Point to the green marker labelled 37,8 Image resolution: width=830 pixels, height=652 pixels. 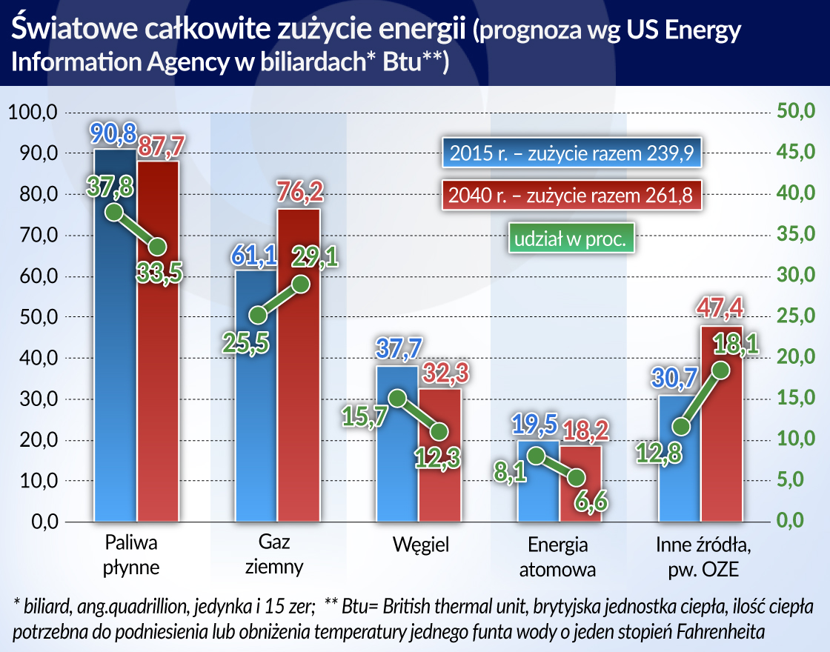pyautogui.click(x=113, y=213)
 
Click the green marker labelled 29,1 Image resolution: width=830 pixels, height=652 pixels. pyautogui.click(x=300, y=283)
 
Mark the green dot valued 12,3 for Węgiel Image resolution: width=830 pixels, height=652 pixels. pyautogui.click(x=439, y=431)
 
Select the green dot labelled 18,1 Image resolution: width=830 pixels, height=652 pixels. pyautogui.click(x=721, y=370)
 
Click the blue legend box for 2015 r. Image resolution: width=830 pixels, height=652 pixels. pyautogui.click(x=570, y=154)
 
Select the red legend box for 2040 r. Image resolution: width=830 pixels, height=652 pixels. pyautogui.click(x=570, y=196)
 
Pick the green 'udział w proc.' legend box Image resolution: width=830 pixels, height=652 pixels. pyautogui.click(x=571, y=239)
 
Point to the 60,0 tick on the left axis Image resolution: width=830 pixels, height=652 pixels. pyautogui.click(x=32, y=277)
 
